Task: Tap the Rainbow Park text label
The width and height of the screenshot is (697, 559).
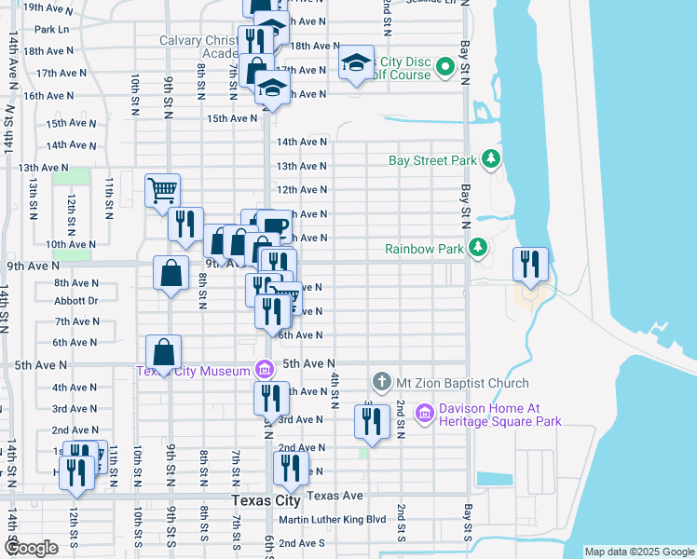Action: pos(424,249)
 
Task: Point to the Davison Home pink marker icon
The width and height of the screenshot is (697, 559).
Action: pos(423,412)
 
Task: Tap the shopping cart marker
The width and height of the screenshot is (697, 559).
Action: pos(162,191)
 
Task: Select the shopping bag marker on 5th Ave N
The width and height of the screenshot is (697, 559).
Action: pos(164,352)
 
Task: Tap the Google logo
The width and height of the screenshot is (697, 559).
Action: pos(32,548)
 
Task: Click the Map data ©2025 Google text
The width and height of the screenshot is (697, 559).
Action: pos(638,552)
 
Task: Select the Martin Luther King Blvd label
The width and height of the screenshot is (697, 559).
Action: pos(332,519)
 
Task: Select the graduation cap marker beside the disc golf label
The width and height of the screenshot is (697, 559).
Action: pos(356,62)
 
